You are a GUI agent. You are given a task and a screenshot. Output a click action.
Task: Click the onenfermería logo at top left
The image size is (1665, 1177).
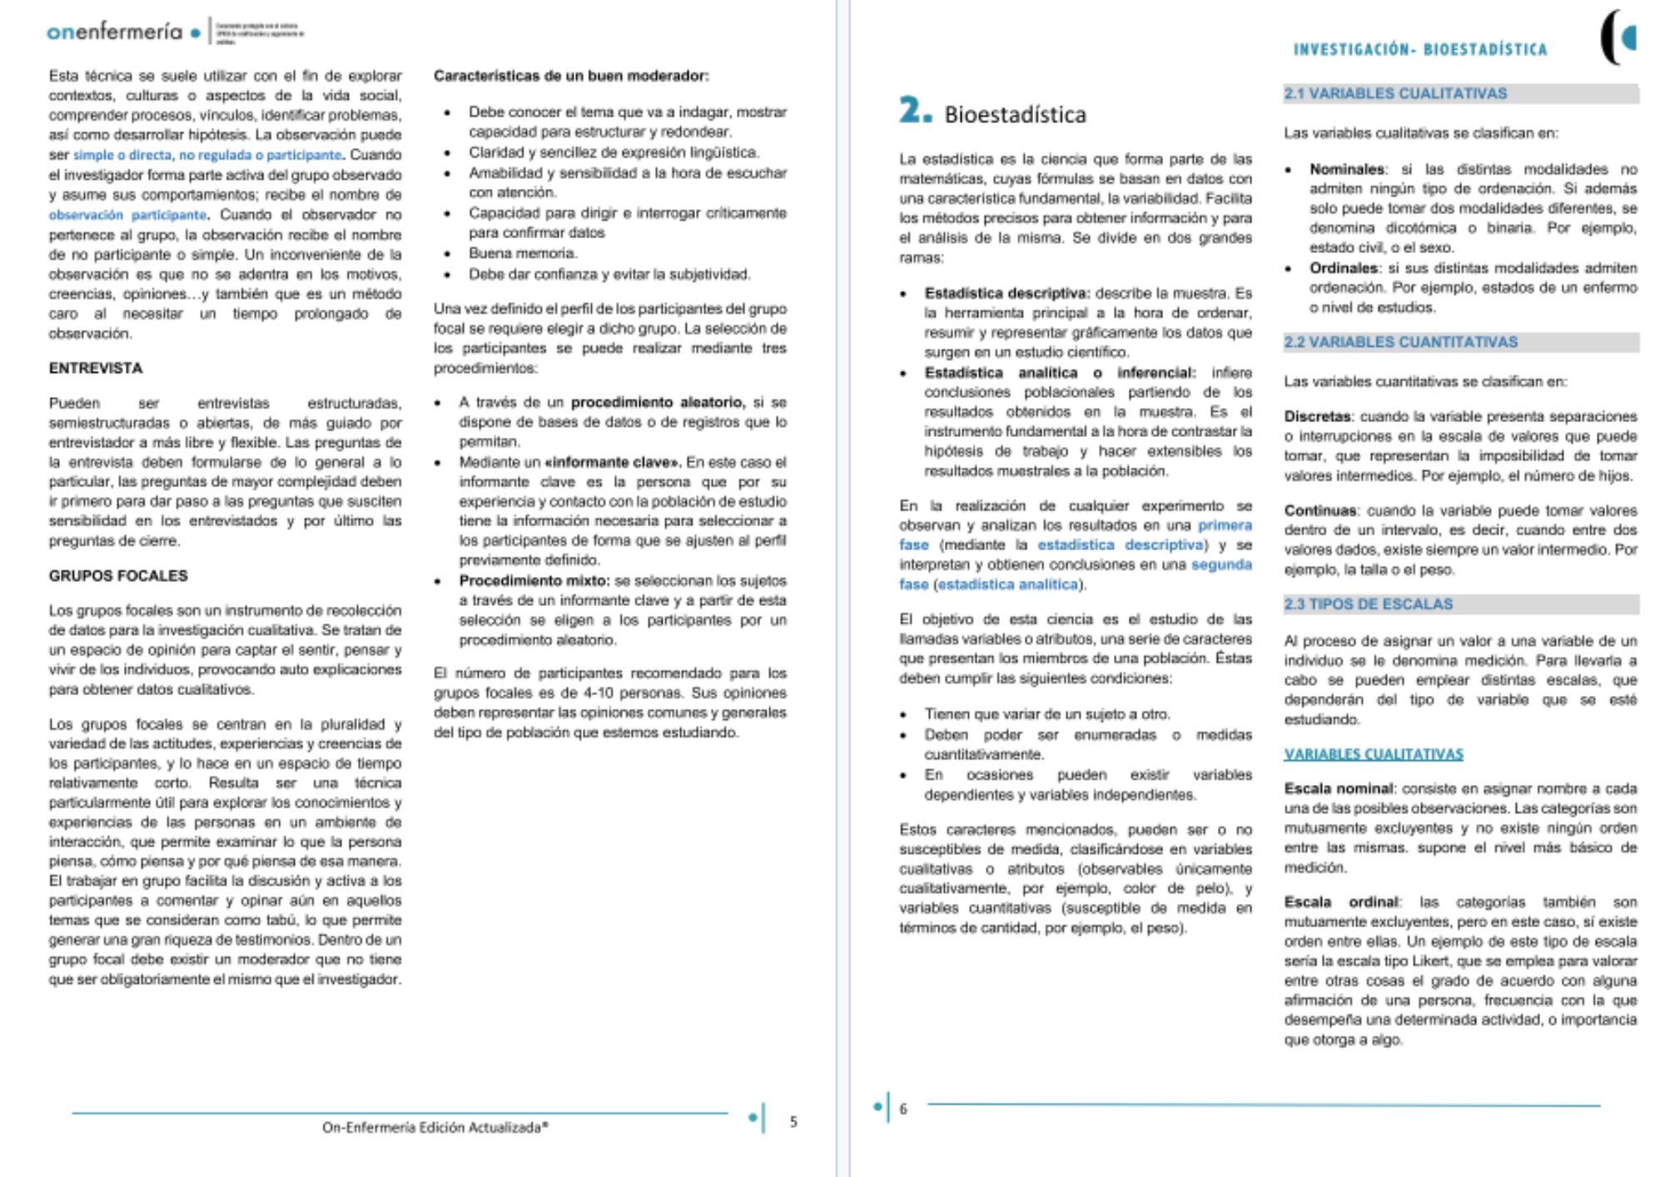pyautogui.click(x=115, y=32)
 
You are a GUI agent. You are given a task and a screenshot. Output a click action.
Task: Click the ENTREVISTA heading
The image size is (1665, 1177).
pyautogui.click(x=96, y=368)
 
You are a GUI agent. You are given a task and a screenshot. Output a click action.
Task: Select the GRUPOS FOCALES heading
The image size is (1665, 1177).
pyautogui.click(x=118, y=575)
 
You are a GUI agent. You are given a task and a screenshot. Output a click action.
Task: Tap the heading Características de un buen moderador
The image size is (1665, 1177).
pyautogui.click(x=571, y=76)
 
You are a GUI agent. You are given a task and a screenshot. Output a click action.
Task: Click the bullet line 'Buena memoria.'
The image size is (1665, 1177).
pyautogui.click(x=523, y=253)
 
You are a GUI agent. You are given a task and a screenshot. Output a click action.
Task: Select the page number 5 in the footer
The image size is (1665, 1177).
pyautogui.click(x=793, y=1122)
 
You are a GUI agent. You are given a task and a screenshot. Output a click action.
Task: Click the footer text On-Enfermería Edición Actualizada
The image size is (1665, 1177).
pyautogui.click(x=435, y=1127)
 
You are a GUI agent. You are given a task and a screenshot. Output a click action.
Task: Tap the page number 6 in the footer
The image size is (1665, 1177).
pyautogui.click(x=903, y=1109)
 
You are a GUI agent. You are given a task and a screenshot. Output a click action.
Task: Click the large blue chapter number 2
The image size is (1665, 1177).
pyautogui.click(x=914, y=111)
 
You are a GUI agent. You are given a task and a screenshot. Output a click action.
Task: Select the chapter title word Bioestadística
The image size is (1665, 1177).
pyautogui.click(x=1015, y=114)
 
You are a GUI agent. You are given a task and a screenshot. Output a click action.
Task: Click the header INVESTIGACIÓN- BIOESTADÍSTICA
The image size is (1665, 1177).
pyautogui.click(x=1419, y=50)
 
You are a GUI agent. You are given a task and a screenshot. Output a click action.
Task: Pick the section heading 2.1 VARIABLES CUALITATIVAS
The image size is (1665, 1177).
pyautogui.click(x=1395, y=93)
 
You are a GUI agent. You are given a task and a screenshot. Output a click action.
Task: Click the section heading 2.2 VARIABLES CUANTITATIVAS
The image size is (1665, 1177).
pyautogui.click(x=1400, y=342)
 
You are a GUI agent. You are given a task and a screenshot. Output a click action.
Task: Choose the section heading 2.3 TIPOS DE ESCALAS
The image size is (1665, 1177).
pyautogui.click(x=1368, y=603)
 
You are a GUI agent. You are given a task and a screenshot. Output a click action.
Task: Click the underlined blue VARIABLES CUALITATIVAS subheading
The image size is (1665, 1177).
pyautogui.click(x=1373, y=754)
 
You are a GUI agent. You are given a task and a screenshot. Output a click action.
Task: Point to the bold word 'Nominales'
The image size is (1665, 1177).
pyautogui.click(x=1346, y=169)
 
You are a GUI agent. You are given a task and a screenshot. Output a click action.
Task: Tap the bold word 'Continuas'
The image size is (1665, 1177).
pyautogui.click(x=1320, y=510)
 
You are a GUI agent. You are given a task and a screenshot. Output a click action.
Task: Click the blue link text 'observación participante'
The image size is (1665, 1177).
pyautogui.click(x=127, y=215)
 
